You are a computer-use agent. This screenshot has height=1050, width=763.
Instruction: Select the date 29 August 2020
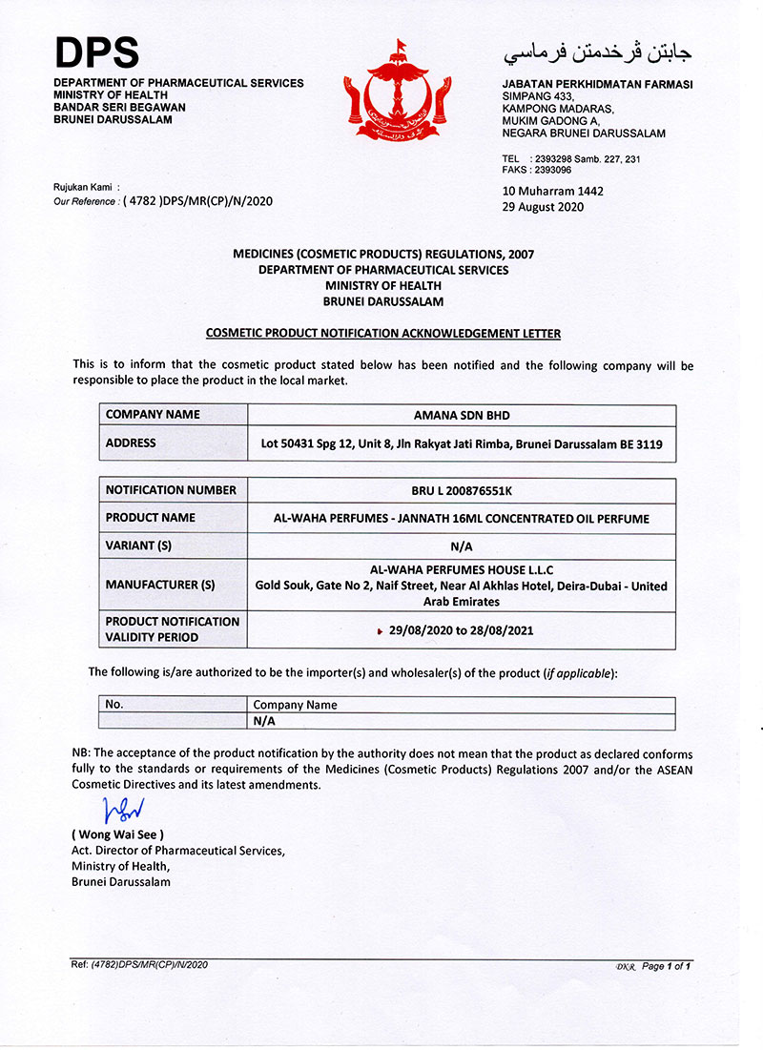pyautogui.click(x=543, y=207)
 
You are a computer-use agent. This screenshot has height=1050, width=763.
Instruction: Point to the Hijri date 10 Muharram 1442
pyautogui.click(x=552, y=191)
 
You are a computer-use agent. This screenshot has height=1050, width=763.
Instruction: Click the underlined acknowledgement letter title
pyautogui.click(x=383, y=333)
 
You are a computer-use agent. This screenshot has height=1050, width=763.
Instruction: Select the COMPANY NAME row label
pyautogui.click(x=153, y=415)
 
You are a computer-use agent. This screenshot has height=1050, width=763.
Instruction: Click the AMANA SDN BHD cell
pyautogui.click(x=462, y=415)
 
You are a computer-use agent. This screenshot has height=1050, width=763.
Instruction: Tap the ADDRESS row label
pyautogui.click(x=131, y=443)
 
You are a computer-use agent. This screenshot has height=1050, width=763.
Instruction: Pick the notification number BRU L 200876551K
pyautogui.click(x=462, y=490)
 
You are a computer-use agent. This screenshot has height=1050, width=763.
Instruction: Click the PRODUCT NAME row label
pyautogui.click(x=151, y=518)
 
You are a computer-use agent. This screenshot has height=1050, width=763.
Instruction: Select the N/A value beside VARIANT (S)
pyautogui.click(x=462, y=546)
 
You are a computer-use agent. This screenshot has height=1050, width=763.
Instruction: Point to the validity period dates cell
pyautogui.click(x=462, y=630)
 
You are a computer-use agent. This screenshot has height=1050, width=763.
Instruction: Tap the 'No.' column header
pyautogui.click(x=115, y=705)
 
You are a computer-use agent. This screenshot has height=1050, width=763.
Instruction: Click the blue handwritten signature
pyautogui.click(x=124, y=810)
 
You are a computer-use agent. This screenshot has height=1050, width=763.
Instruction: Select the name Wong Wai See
pyautogui.click(x=124, y=835)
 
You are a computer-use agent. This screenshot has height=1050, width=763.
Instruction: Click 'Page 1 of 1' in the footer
pyautogui.click(x=666, y=966)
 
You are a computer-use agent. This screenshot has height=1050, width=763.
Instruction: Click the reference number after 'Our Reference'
pyautogui.click(x=197, y=201)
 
